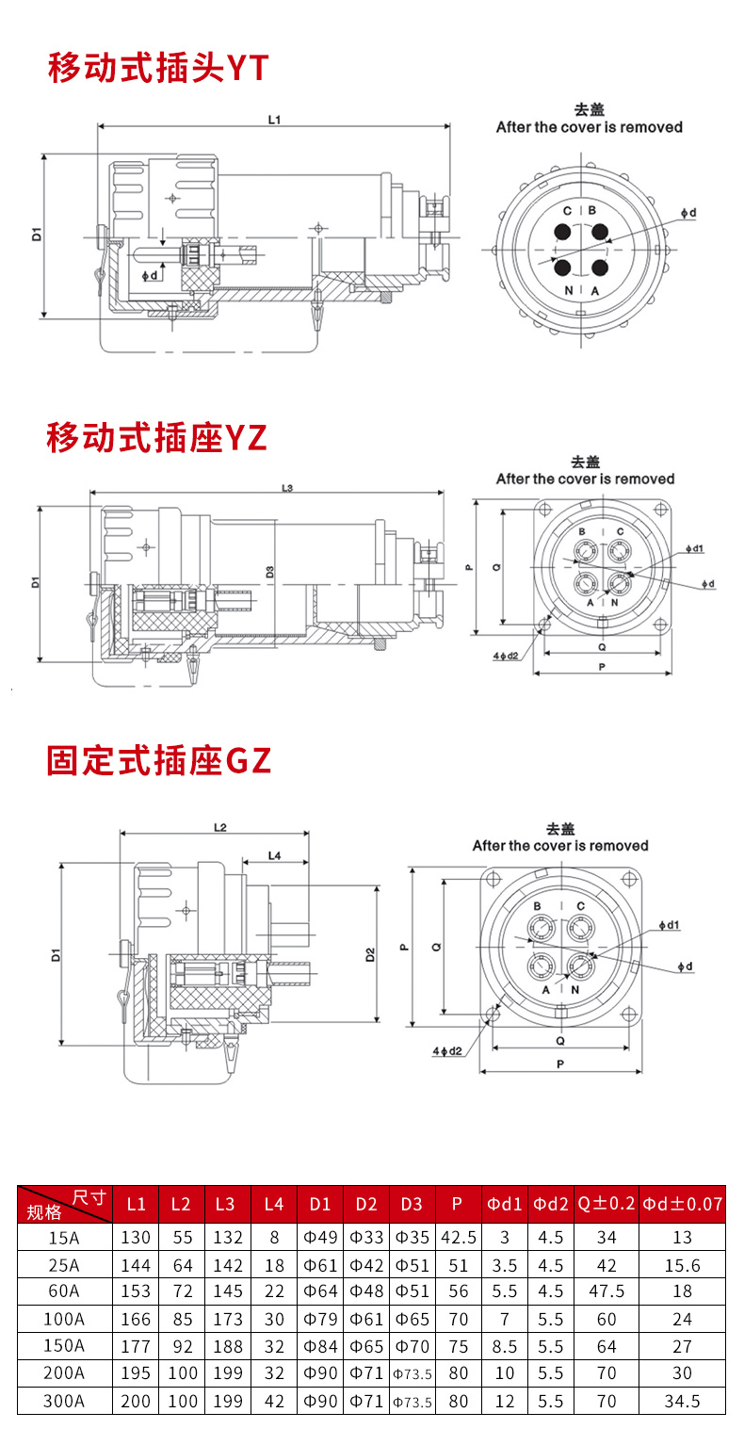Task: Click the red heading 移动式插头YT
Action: (x=158, y=69)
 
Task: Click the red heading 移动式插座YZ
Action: (x=157, y=438)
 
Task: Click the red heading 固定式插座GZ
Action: (x=159, y=760)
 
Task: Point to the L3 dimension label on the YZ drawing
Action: (x=288, y=488)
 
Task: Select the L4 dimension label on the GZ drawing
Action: (x=275, y=855)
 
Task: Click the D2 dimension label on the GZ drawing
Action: (x=370, y=954)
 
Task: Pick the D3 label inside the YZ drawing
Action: (x=270, y=572)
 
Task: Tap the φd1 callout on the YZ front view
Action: (x=696, y=548)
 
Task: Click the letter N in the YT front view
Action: (x=569, y=290)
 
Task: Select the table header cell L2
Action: (x=182, y=1204)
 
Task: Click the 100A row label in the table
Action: (x=64, y=1319)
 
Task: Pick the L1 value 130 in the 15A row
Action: (x=136, y=1237)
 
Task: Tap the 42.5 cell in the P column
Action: (x=459, y=1237)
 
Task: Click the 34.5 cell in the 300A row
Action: (x=683, y=1401)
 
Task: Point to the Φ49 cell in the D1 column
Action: (x=320, y=1237)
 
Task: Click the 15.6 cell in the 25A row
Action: (x=683, y=1264)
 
